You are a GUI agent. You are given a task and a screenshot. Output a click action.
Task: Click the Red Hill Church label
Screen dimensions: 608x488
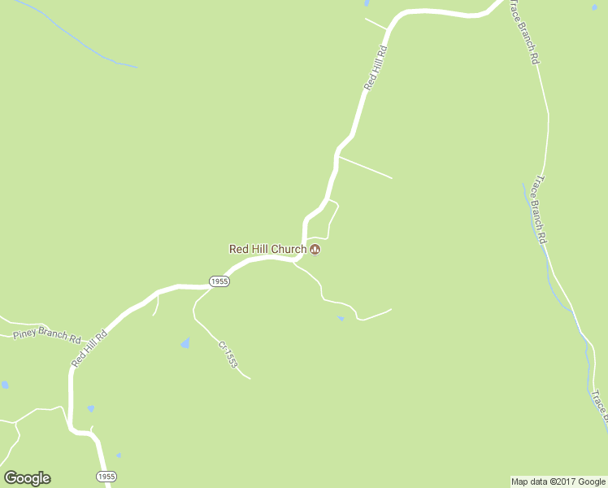pos(267,249)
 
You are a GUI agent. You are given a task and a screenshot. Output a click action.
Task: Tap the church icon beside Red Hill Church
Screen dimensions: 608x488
pos(315,249)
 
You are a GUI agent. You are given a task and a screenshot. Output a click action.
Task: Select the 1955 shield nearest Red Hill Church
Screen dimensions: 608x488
pos(219,281)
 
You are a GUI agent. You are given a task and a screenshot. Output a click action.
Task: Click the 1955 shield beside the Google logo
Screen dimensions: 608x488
pos(105,476)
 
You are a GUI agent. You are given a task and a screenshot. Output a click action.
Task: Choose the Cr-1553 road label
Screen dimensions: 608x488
pos(227,355)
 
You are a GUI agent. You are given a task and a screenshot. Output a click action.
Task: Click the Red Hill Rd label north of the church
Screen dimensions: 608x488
pos(376,68)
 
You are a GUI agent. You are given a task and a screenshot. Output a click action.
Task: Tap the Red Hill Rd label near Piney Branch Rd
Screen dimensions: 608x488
pos(89,348)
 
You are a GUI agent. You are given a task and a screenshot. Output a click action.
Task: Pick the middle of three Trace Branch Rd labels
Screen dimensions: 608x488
pos(537,211)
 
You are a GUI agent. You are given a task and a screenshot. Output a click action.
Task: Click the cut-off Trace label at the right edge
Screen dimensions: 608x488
pos(599,409)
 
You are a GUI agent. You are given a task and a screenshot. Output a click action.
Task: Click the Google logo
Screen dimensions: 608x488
pos(27,478)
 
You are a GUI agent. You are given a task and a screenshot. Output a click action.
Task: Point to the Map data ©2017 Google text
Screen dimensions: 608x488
pos(558,481)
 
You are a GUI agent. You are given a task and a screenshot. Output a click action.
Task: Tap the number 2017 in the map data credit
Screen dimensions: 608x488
pos(564,481)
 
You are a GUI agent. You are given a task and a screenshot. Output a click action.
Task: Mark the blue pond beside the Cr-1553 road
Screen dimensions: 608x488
pos(185,343)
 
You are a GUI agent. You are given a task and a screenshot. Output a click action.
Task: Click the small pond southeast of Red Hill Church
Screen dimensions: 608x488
pos(341,318)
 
